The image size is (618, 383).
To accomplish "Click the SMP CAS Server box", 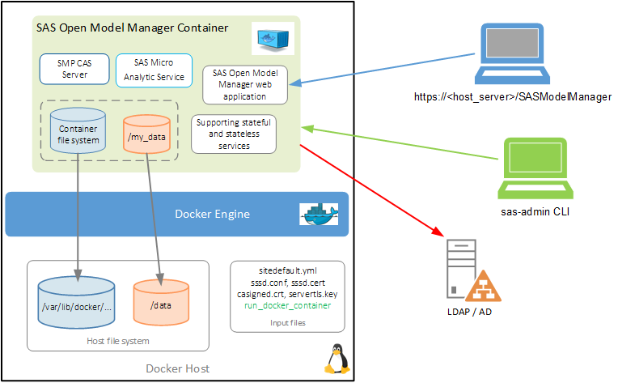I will pos(74,69).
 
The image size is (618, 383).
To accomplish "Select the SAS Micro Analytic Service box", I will pos(154,69).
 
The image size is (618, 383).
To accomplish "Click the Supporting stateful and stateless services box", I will pos(234,134).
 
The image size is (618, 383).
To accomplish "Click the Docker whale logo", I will pos(319,214).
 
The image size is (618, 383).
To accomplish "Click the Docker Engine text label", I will pos(212,215).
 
